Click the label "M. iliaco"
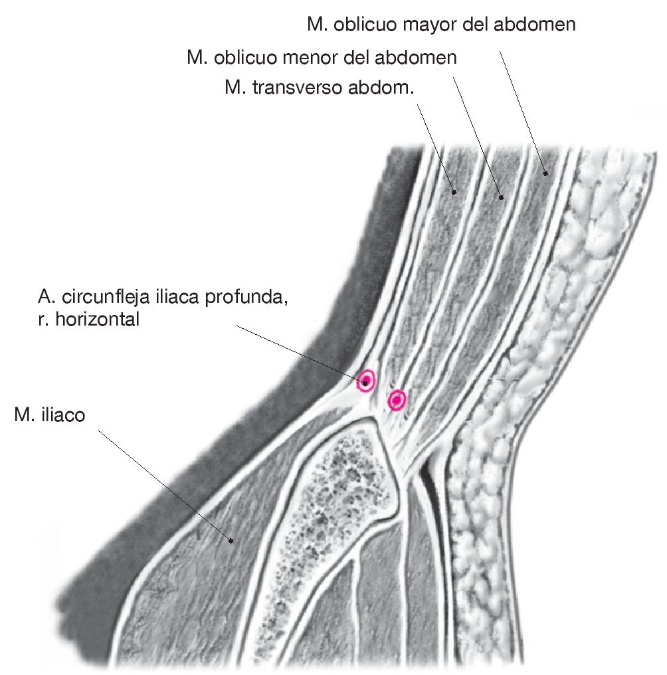(x=49, y=417)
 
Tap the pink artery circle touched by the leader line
(x=365, y=381)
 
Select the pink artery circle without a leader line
(x=397, y=400)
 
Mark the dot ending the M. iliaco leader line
(x=231, y=539)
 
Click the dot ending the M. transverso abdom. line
(x=454, y=192)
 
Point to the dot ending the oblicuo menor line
(x=502, y=196)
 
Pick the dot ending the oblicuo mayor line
(x=545, y=173)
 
